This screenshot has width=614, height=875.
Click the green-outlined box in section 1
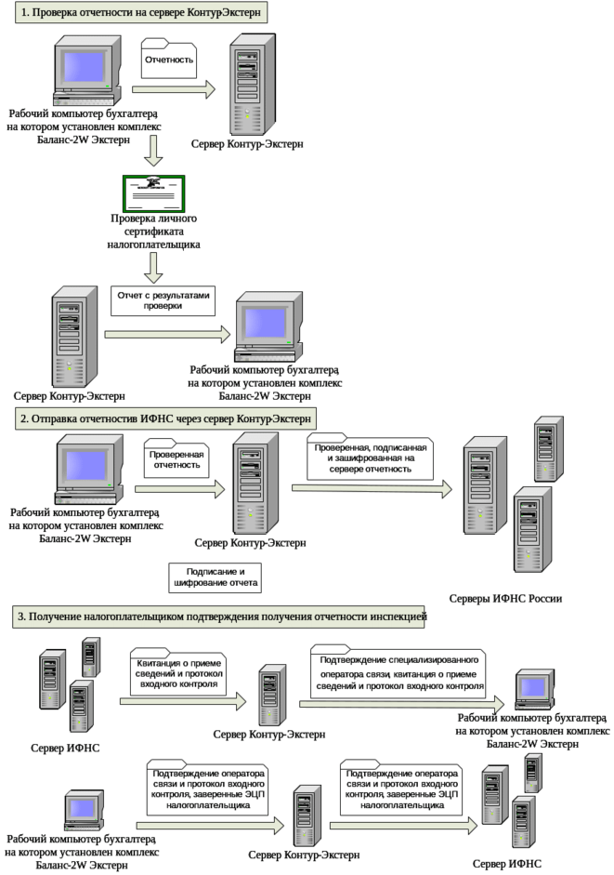pos(153,192)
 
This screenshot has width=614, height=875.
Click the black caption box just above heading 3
pos(215,577)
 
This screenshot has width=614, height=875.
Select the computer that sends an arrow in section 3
pos(84,807)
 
